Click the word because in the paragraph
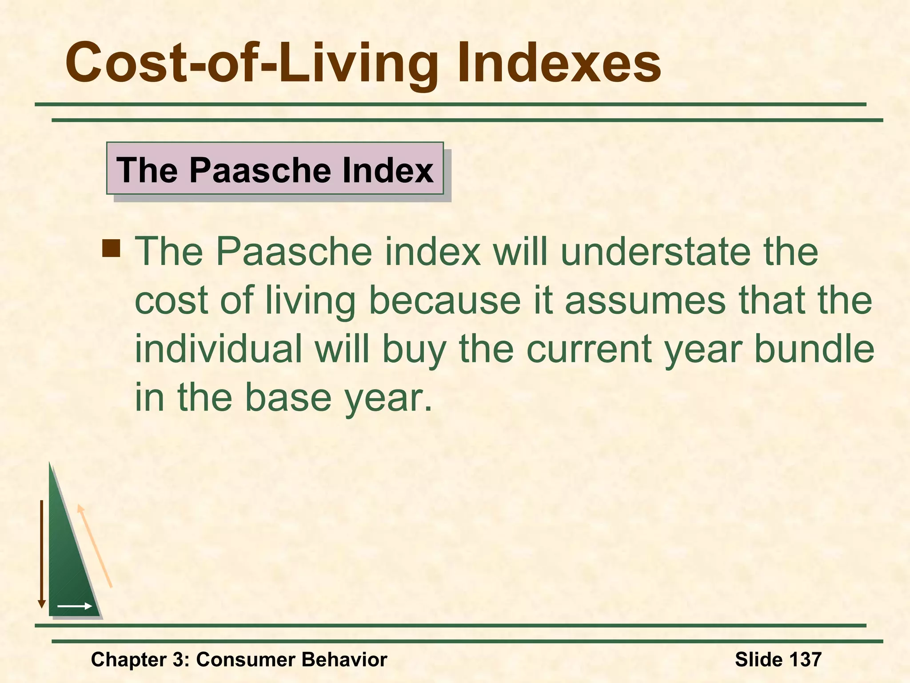(444, 300)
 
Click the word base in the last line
(288, 397)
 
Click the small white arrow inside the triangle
(75, 606)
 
